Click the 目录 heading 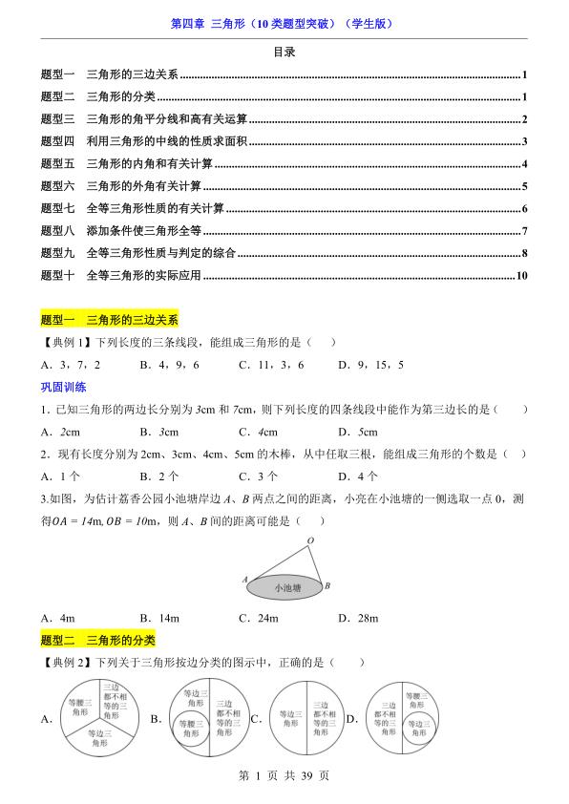tap(284, 53)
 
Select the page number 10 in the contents tap(521, 277)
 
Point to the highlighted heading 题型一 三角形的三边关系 tap(110, 321)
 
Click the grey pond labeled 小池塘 tap(283, 587)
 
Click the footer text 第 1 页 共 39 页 tap(284, 776)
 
